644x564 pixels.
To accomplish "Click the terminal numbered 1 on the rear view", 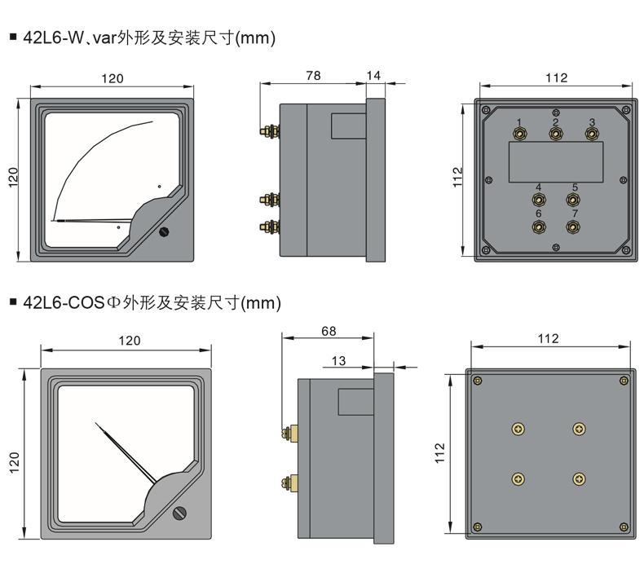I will click(519, 134).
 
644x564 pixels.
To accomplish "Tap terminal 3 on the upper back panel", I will click(592, 134).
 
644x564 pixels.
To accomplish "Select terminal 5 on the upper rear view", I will click(574, 199).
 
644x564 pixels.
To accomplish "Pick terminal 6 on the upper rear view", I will click(538, 226).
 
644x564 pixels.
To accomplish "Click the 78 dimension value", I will click(313, 75).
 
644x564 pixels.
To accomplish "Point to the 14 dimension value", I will click(374, 75).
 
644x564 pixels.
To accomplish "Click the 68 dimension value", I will click(329, 332).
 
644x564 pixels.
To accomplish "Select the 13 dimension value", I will click(339, 360).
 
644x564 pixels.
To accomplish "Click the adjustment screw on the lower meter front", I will click(180, 513).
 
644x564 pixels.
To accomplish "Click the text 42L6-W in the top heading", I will click(52, 37).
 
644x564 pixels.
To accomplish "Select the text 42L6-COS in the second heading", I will click(60, 303).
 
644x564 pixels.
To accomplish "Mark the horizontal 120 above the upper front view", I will click(112, 78).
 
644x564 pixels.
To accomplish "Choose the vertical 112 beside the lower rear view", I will click(440, 453).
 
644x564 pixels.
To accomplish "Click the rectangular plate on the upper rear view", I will click(556, 161).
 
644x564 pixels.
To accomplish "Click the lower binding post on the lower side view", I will click(289, 482).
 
